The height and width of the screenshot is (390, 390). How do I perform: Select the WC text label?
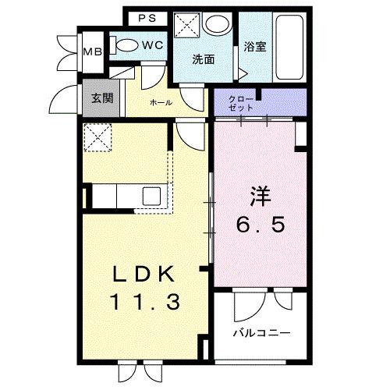tap(152, 46)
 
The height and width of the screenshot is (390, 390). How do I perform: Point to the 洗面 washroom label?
tap(205, 59)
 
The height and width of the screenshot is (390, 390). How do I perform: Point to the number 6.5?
tap(261, 225)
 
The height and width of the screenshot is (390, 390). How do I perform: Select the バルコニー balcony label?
tap(262, 333)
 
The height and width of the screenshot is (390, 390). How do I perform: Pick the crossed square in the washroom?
tap(186, 25)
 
